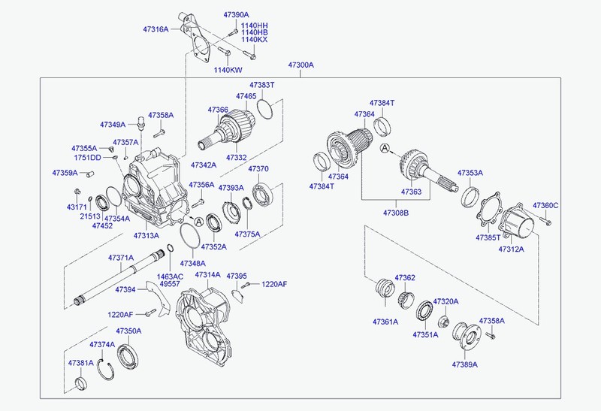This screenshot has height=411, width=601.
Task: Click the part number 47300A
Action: [300, 65]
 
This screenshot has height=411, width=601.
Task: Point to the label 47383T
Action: [262, 86]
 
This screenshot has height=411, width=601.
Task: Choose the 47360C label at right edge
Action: [545, 205]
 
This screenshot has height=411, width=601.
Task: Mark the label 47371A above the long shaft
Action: [120, 258]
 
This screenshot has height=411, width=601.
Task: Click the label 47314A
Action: [207, 275]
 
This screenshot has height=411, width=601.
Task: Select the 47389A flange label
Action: [465, 364]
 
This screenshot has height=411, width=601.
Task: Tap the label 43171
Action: [76, 207]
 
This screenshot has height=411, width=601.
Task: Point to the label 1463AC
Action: [170, 277]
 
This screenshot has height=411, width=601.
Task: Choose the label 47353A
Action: [470, 173]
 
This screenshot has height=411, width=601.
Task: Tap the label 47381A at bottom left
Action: [80, 363]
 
